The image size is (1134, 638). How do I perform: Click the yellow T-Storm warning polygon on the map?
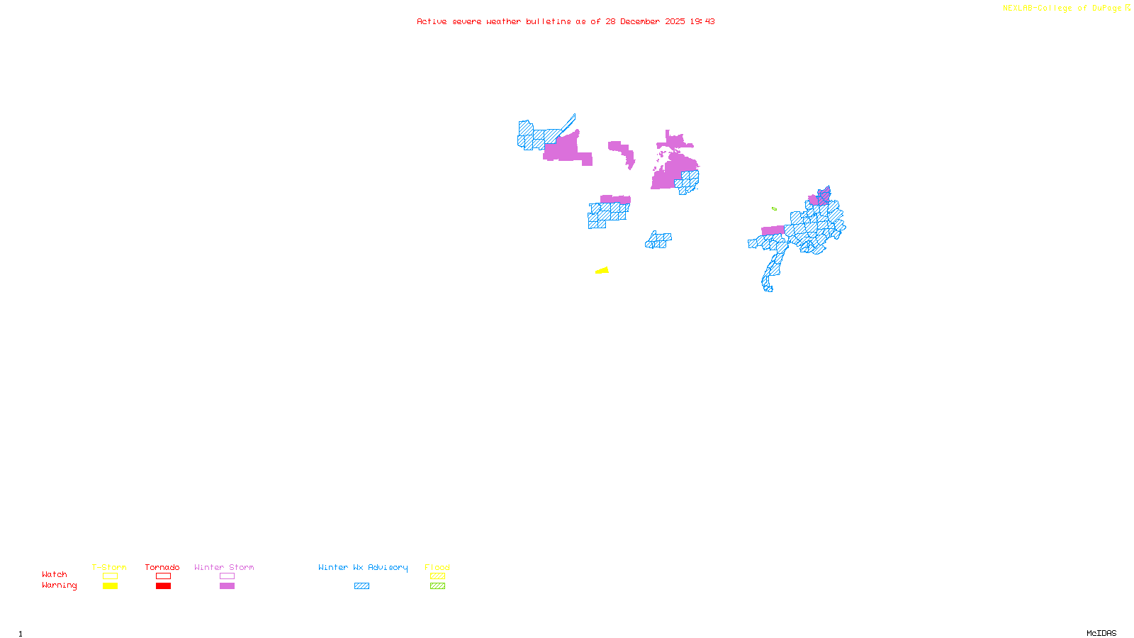pyautogui.click(x=603, y=270)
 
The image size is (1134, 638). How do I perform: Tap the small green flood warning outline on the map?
pyautogui.click(x=774, y=208)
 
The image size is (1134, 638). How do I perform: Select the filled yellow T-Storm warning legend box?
pyautogui.click(x=110, y=586)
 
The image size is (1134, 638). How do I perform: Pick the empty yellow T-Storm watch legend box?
pyautogui.click(x=110, y=576)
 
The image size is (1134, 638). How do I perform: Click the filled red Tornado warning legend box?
pyautogui.click(x=163, y=586)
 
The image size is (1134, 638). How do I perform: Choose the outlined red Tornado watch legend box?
pyautogui.click(x=163, y=576)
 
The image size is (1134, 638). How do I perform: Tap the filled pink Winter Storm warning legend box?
pyautogui.click(x=227, y=586)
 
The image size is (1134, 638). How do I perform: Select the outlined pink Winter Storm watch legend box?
pyautogui.click(x=227, y=576)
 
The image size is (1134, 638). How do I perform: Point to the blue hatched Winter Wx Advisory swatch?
pyautogui.click(x=361, y=586)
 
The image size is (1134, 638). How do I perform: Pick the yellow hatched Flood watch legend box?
pyautogui.click(x=437, y=576)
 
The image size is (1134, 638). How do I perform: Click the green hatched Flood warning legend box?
pyautogui.click(x=437, y=586)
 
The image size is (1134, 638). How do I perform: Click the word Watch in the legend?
pyautogui.click(x=55, y=575)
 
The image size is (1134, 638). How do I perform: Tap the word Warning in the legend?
pyautogui.click(x=60, y=586)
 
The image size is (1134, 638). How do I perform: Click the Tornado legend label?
pyautogui.click(x=162, y=567)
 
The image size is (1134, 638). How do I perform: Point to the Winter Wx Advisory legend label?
pyautogui.click(x=363, y=567)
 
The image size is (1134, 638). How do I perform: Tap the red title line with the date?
pyautogui.click(x=566, y=21)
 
